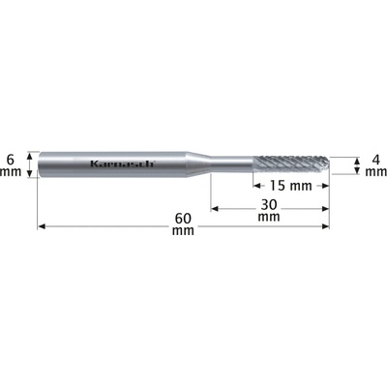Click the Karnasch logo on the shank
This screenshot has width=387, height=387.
pos(123,164)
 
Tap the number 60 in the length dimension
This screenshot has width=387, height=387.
pos(183,219)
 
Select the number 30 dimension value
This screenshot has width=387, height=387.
pos(269,204)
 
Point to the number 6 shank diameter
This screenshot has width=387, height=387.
pos(11,159)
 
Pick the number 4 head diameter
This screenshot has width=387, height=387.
pos(375,160)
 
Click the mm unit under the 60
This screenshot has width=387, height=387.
pos(183,230)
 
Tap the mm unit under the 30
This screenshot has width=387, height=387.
pos(269,217)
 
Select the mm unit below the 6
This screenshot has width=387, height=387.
pos(11,172)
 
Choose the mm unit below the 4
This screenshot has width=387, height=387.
pos(376,172)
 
